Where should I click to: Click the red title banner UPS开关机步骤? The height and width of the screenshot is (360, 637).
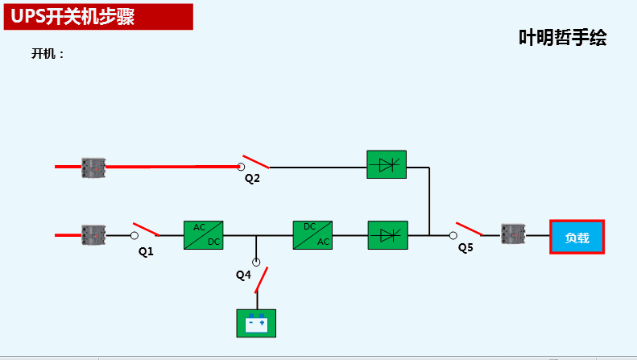click(x=98, y=17)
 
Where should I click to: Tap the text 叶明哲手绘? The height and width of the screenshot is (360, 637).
click(x=562, y=38)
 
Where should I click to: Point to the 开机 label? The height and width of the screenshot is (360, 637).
click(x=48, y=54)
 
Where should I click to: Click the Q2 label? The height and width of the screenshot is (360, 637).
click(x=253, y=178)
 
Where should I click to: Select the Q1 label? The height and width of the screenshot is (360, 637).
click(x=146, y=251)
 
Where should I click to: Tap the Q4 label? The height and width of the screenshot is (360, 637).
click(x=243, y=275)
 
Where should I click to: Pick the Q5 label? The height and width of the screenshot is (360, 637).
click(x=465, y=248)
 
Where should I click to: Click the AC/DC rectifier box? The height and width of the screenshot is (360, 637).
click(x=203, y=235)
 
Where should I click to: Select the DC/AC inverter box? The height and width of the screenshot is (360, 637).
click(x=312, y=235)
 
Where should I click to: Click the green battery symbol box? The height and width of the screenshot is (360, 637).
click(x=256, y=323)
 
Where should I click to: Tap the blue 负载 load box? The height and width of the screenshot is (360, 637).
click(x=577, y=238)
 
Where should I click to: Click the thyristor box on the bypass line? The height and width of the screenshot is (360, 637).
click(x=387, y=164)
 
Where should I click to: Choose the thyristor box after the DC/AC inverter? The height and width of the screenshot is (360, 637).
click(x=387, y=235)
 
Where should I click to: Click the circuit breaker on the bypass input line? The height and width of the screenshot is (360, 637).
click(x=94, y=168)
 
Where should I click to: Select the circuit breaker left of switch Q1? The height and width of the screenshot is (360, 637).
click(x=94, y=235)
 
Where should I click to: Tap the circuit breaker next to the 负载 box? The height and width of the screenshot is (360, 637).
click(x=513, y=235)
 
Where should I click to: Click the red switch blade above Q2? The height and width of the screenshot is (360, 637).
click(x=255, y=161)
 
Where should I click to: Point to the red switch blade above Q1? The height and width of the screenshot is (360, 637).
click(x=146, y=229)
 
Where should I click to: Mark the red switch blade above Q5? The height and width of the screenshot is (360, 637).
click(x=469, y=229)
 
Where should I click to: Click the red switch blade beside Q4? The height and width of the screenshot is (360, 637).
click(x=262, y=275)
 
